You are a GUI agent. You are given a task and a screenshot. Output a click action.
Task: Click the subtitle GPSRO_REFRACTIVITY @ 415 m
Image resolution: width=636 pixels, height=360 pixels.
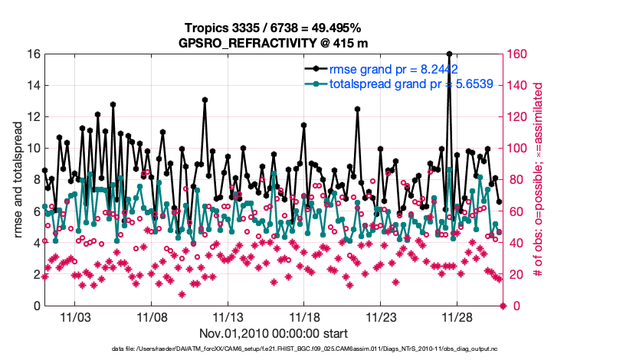274,42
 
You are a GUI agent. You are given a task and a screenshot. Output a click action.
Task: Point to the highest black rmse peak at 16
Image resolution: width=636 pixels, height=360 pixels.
449,54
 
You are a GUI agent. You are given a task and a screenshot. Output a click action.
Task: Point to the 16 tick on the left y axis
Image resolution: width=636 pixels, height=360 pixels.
34,54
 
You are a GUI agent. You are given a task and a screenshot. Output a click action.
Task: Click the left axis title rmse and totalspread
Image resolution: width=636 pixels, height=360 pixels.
17,180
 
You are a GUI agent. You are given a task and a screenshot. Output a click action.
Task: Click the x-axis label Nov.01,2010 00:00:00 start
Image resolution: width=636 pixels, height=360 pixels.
274,334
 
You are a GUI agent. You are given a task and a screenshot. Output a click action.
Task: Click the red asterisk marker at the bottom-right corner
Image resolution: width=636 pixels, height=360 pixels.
503,306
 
